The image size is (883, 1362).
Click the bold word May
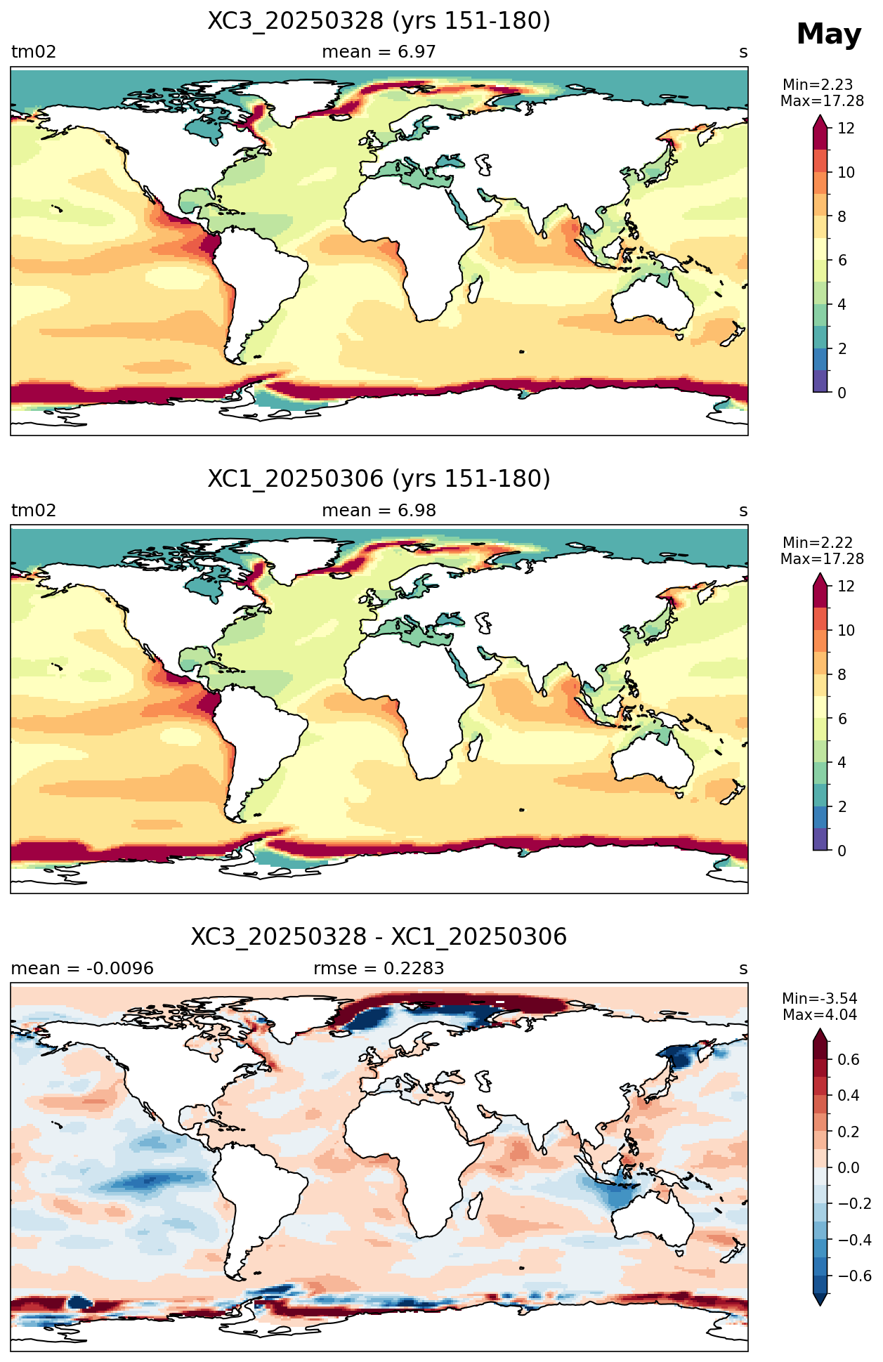click(x=829, y=34)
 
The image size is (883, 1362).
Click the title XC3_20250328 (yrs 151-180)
click(x=379, y=21)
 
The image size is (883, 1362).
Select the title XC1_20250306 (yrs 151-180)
click(x=379, y=479)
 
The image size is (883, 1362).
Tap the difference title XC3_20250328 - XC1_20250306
click(x=379, y=937)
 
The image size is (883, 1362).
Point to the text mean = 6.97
click(x=379, y=52)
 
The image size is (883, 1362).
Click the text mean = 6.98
click(x=379, y=511)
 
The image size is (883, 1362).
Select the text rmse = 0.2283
click(x=379, y=969)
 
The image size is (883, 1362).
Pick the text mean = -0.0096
click(x=82, y=969)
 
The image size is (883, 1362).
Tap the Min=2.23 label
click(x=818, y=85)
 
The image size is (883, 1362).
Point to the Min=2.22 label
click(x=818, y=543)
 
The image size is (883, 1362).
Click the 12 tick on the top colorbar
click(x=846, y=128)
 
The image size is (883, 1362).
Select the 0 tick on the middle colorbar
click(x=842, y=851)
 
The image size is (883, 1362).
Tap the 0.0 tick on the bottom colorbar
click(x=849, y=1167)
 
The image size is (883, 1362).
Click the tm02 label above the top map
click(x=34, y=52)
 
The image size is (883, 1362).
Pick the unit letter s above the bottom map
click(x=743, y=969)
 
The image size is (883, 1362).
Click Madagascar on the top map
click(x=476, y=289)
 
